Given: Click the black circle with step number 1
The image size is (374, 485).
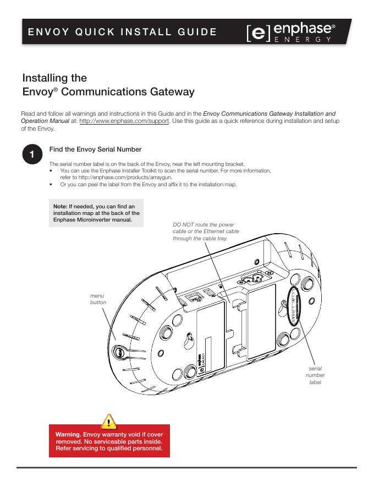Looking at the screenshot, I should (x=32, y=155).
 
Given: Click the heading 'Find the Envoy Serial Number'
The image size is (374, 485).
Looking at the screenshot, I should (x=95, y=149).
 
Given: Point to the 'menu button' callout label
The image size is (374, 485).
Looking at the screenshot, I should (x=97, y=299).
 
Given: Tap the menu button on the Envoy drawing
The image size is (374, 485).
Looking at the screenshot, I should (x=118, y=351).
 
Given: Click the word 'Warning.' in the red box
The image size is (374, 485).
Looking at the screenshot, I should (x=68, y=434).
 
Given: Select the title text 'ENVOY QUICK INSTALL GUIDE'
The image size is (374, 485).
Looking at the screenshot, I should (x=122, y=31).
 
